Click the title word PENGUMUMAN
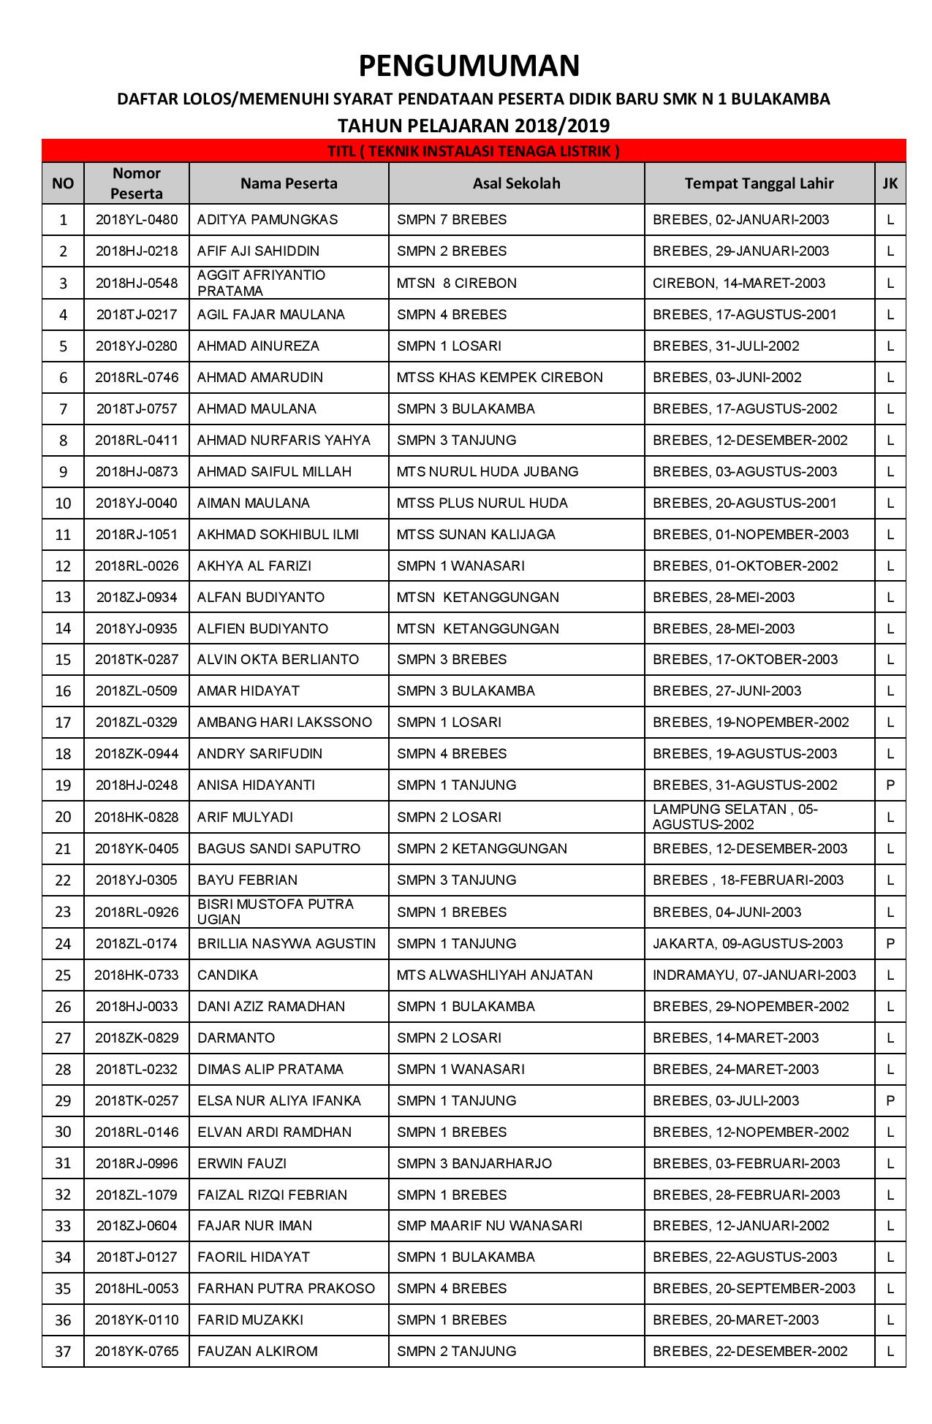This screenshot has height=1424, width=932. pos(469,66)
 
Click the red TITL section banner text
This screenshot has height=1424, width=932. pos(473,152)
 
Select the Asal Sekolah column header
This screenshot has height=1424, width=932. pos(516,183)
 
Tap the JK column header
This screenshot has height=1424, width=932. pos(890,183)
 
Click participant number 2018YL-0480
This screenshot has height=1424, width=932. pos(137,220)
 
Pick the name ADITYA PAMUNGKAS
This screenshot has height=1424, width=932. pos(257,220)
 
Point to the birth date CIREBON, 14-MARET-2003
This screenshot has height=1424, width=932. pos(739,283)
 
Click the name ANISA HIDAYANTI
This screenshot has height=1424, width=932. pos(256,785)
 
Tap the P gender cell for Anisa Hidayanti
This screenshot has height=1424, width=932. pos(890,785)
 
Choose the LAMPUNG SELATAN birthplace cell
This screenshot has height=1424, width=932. pos(735,817)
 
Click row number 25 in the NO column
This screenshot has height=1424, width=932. pos(64,975)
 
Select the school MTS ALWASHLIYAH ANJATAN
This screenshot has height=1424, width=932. pos(494,975)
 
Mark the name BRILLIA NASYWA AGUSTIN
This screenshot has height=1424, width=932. pos(287,944)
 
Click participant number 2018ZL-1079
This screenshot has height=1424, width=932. pos(137,1195)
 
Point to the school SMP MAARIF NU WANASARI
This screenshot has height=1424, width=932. pos(490,1226)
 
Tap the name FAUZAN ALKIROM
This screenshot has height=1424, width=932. pos(257,1352)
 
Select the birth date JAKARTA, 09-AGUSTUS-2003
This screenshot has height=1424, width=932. pos(748,944)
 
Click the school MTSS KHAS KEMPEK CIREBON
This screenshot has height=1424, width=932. pos(500,378)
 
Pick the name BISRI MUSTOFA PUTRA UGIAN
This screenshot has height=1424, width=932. pos(276,912)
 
